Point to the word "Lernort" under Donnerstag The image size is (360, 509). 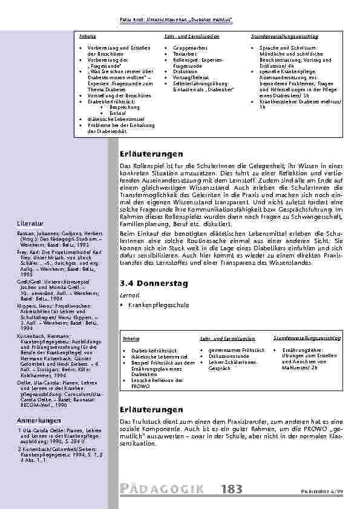tap(128, 294)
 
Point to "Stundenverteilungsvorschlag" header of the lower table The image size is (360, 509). tap(307, 338)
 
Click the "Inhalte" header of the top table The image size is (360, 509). tap(87, 36)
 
